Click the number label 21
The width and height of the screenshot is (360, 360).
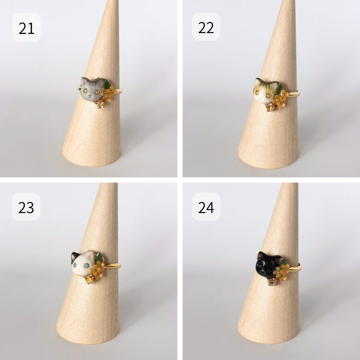tap(27, 29)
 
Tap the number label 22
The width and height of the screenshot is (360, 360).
tap(206, 28)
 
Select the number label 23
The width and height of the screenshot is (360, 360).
tap(26, 208)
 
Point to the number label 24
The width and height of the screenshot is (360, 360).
tap(206, 208)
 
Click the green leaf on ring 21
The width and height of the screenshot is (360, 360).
tap(107, 84)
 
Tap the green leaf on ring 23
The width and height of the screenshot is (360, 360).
tap(98, 257)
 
